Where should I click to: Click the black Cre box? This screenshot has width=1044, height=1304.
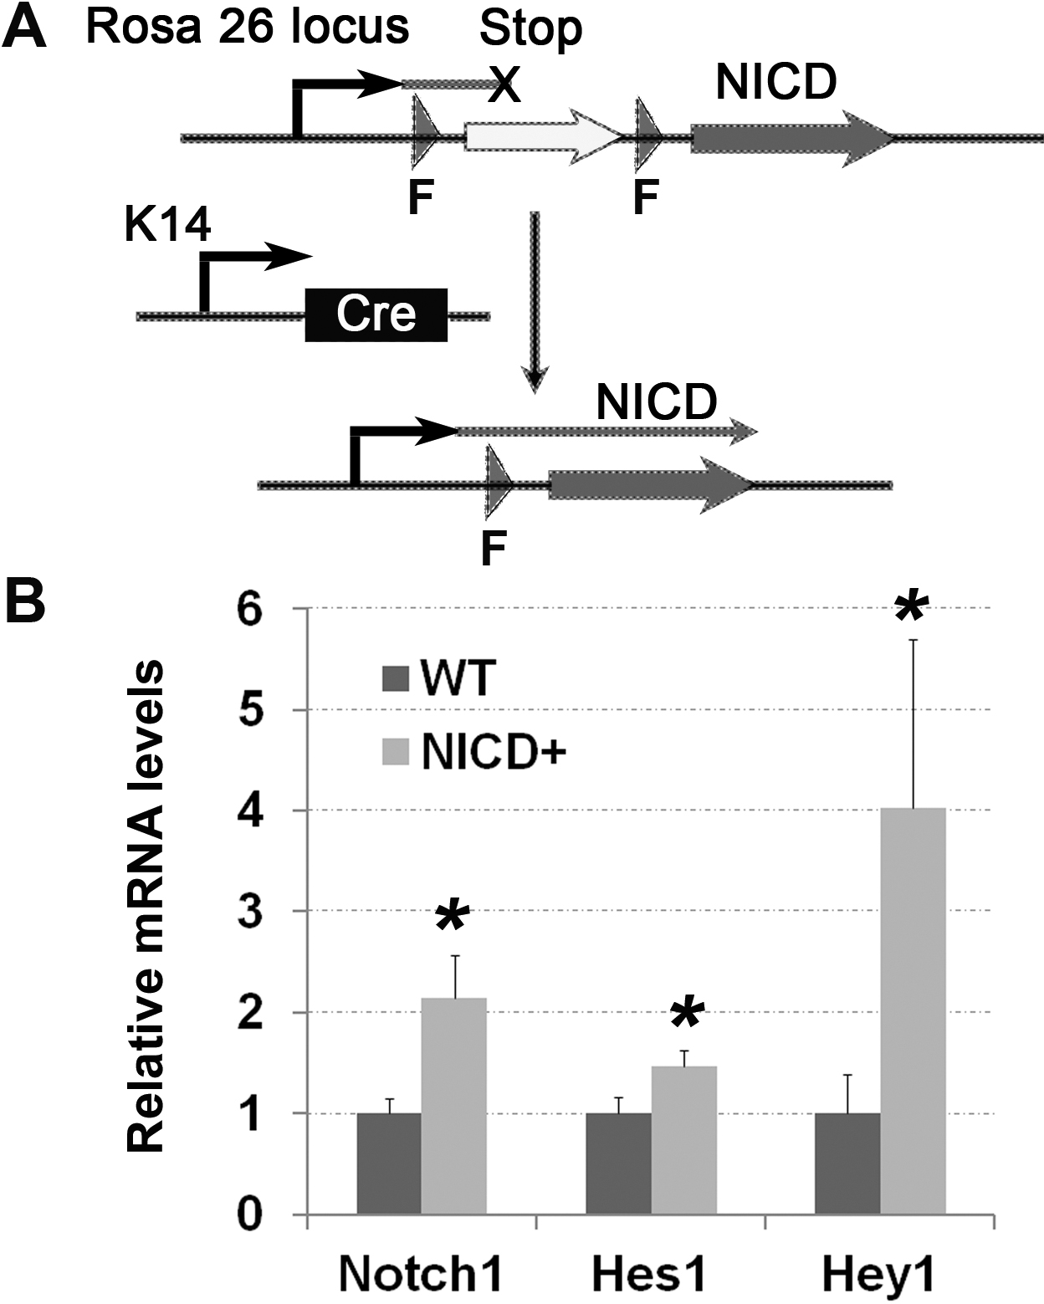pyautogui.click(x=376, y=314)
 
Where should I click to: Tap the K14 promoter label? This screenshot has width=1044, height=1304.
pyautogui.click(x=168, y=226)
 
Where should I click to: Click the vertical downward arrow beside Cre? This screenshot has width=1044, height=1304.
pyautogui.click(x=535, y=301)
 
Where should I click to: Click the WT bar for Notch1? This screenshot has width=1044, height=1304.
pyautogui.click(x=389, y=1163)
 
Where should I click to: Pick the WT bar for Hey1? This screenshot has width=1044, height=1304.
pyautogui.click(x=847, y=1163)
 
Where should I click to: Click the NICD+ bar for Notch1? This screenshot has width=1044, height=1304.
pyautogui.click(x=453, y=1105)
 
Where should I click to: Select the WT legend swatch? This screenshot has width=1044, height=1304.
pyautogui.click(x=395, y=678)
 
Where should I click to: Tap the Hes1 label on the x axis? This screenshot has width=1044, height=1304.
pyautogui.click(x=649, y=1276)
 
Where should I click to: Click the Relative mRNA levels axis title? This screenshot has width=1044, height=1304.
pyautogui.click(x=147, y=908)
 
